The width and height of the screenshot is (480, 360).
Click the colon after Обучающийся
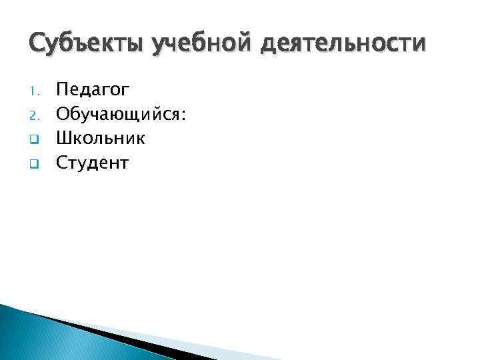[183, 115]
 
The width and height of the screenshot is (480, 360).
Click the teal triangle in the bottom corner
[40, 337]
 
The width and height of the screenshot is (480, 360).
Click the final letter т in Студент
[123, 163]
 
